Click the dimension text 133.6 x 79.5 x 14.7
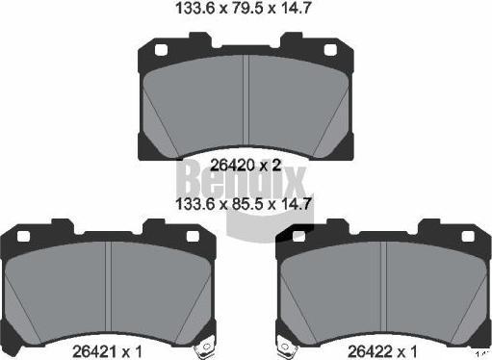244,8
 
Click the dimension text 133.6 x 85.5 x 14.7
244,203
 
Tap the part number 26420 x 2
246,166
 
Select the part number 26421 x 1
107,351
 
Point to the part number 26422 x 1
382,351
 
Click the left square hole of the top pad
161,50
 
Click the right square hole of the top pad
330,50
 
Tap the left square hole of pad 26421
23,237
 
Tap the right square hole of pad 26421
193,237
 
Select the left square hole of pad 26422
299,237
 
